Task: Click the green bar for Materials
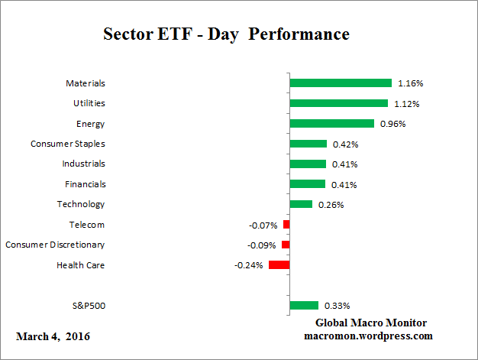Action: (341, 83)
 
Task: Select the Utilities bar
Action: (339, 103)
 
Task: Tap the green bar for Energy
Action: (332, 123)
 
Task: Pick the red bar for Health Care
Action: (279, 265)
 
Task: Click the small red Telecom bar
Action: (286, 225)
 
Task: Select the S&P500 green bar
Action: (304, 306)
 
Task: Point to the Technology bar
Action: (301, 204)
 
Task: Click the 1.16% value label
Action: (410, 83)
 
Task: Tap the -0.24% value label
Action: (249, 265)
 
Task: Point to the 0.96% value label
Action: (392, 123)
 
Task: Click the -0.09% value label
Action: (263, 245)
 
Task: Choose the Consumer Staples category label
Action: (67, 144)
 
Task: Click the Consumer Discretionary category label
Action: (55, 245)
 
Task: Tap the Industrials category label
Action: (83, 164)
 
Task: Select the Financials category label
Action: (85, 184)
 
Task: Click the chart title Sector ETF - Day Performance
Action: (226, 35)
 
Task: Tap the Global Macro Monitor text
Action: (371, 323)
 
